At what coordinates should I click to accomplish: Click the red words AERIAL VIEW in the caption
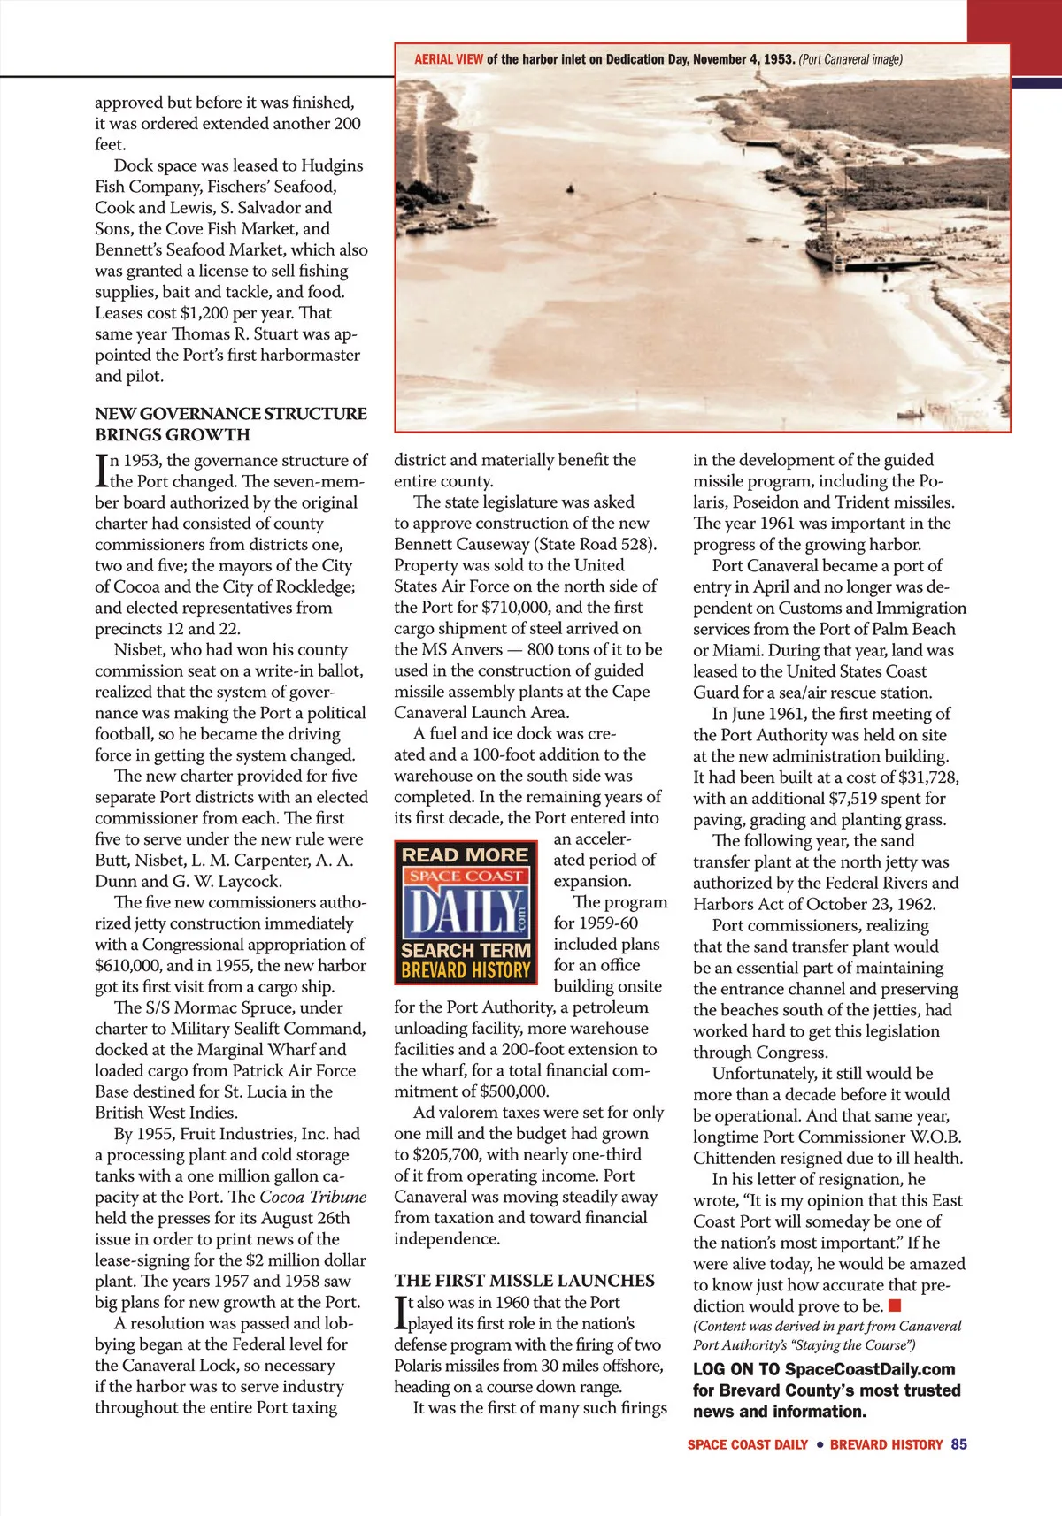449,60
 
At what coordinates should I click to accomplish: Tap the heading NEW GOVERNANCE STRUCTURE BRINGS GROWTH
230,424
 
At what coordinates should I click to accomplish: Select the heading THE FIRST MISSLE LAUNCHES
524,1281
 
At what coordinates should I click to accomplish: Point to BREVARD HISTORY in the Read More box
466,970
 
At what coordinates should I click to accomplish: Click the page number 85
958,1444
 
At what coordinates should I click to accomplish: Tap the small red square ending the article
895,1305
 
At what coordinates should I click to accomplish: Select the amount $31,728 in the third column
927,777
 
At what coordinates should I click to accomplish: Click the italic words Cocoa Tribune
312,1197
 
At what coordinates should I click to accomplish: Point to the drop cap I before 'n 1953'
102,471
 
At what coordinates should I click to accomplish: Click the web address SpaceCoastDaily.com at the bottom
870,1369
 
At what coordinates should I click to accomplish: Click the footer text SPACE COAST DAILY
747,1444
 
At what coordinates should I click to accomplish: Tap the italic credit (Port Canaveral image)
850,60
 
